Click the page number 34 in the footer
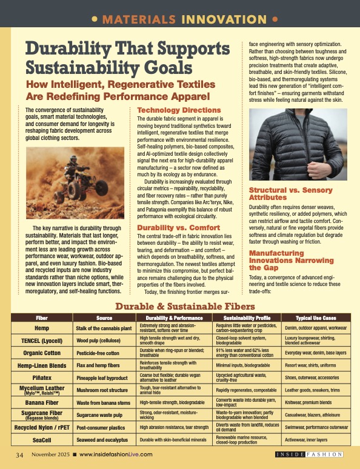(x=19, y=454)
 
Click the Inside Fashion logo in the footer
(x=309, y=454)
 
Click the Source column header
(x=104, y=318)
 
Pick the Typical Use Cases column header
(x=315, y=318)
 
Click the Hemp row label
(x=42, y=327)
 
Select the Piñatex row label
(x=42, y=376)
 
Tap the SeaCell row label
(x=42, y=439)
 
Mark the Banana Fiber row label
(x=42, y=402)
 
